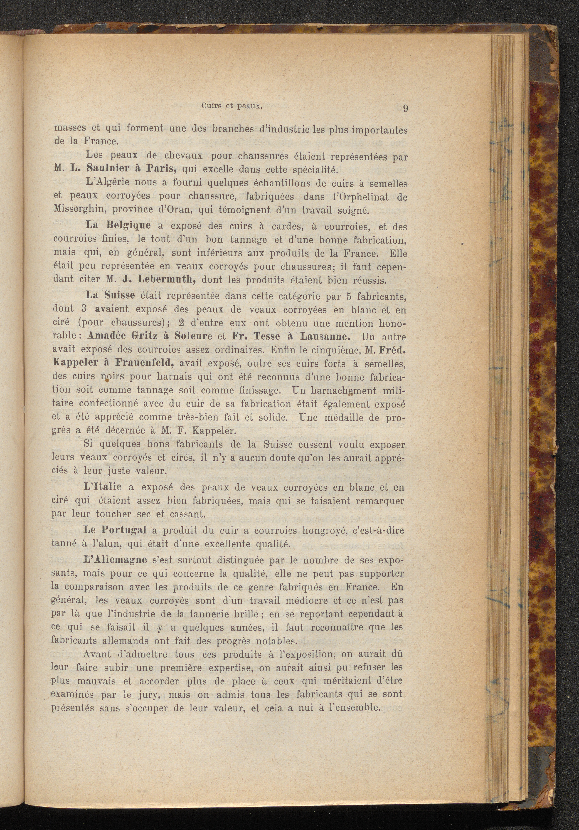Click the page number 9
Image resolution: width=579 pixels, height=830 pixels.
click(405, 109)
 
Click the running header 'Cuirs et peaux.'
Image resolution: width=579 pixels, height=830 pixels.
click(231, 106)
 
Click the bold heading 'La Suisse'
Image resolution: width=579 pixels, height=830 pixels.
click(110, 295)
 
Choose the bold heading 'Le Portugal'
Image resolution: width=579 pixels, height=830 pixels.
click(115, 530)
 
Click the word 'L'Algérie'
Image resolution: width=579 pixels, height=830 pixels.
click(109, 183)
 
